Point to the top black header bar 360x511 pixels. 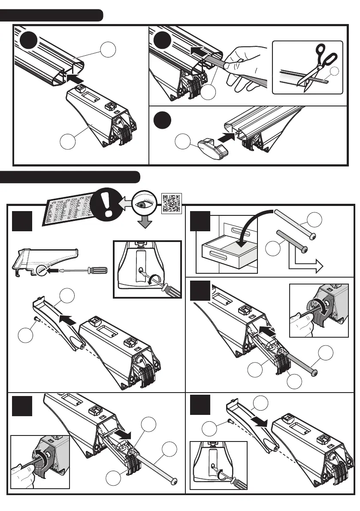pyautogui.click(x=51, y=15)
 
